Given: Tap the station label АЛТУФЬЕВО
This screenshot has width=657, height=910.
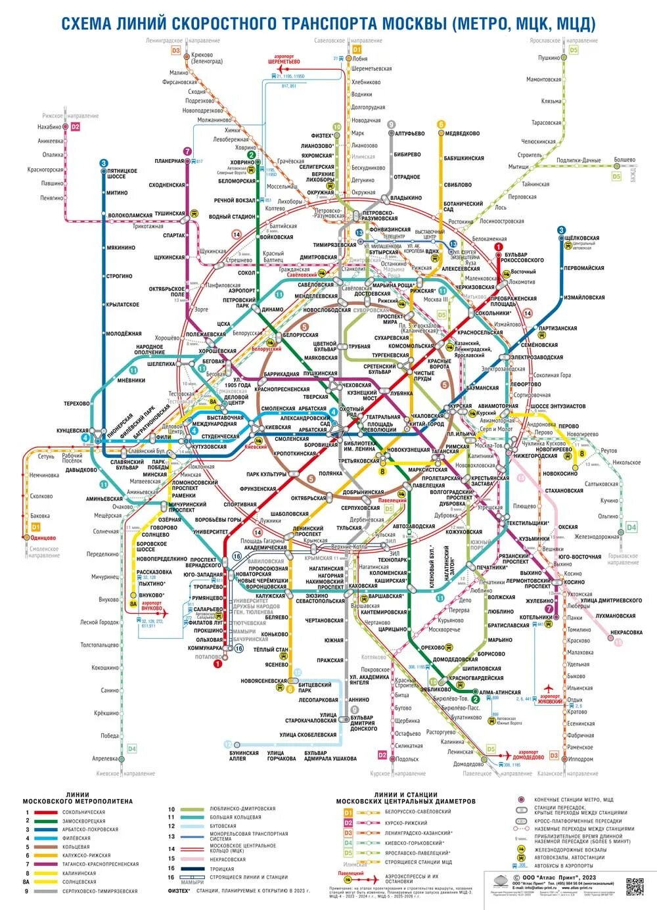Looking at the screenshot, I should coord(411,133).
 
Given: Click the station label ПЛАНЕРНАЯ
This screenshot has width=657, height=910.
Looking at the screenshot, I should coord(169,161).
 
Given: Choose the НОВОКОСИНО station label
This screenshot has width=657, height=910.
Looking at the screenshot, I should coord(560,474).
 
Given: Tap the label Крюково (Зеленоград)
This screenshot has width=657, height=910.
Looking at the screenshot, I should coord(206,58).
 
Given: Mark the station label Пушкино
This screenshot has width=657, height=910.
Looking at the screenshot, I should coord(549,58).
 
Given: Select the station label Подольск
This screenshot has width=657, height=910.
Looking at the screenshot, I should coord(407,759).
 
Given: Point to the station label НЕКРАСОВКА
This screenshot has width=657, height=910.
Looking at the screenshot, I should coord(625,632).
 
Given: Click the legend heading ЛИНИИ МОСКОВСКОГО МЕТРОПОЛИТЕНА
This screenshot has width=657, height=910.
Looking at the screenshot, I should coord(78,798).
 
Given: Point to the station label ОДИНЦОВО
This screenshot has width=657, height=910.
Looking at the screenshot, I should coord(43,537).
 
